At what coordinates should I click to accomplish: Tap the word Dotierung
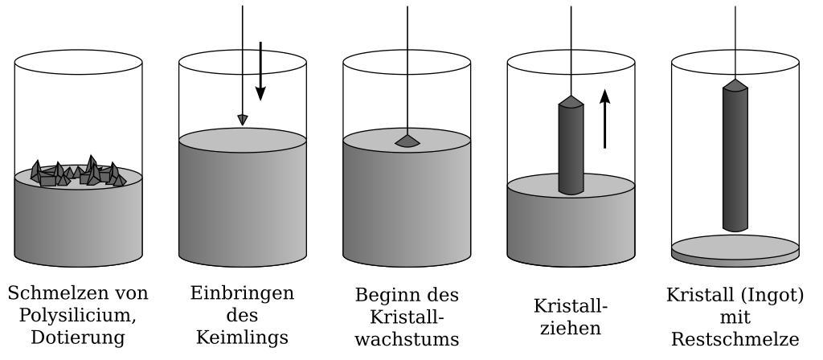(78, 337)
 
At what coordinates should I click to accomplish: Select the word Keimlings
(242, 337)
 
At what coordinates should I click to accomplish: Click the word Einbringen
(242, 292)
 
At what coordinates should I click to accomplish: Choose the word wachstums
(407, 339)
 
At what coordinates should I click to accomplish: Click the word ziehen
(571, 328)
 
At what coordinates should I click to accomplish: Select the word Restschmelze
(735, 339)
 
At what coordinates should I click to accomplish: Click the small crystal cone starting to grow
(407, 141)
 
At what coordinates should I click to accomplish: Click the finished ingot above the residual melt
(735, 157)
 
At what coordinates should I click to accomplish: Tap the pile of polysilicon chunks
(78, 172)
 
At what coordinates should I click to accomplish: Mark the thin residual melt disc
(735, 248)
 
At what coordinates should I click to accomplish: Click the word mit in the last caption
(735, 317)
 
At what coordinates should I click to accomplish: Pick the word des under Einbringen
(242, 315)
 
